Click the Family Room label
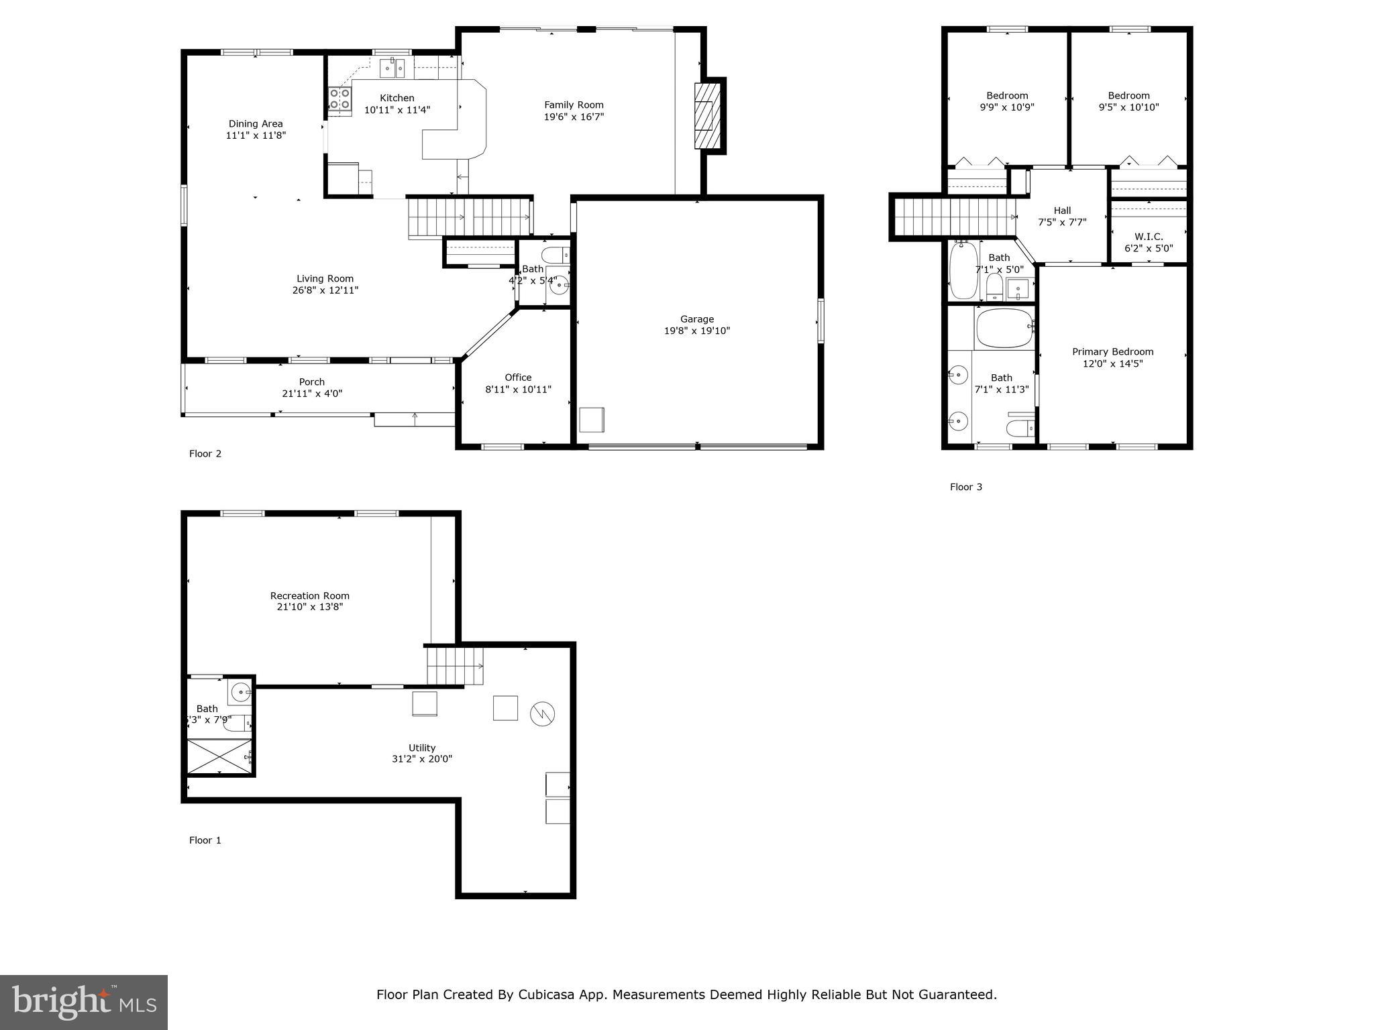(x=574, y=105)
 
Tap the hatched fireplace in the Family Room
(x=706, y=115)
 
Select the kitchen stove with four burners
(x=339, y=99)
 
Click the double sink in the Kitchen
(x=392, y=68)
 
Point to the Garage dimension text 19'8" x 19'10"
(x=696, y=331)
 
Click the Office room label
(x=518, y=378)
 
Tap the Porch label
(x=312, y=382)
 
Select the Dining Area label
(x=256, y=123)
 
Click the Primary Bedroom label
(x=1112, y=352)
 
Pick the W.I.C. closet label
(x=1149, y=237)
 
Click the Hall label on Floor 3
(x=1062, y=211)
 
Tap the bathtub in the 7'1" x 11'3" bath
(x=1004, y=328)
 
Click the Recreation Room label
(x=310, y=595)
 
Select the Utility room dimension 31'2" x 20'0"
(x=422, y=759)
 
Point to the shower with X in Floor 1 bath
(x=219, y=756)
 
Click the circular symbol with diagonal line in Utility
(x=542, y=713)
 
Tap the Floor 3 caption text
(x=965, y=487)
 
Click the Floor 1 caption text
(x=205, y=840)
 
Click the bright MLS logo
(x=84, y=1002)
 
